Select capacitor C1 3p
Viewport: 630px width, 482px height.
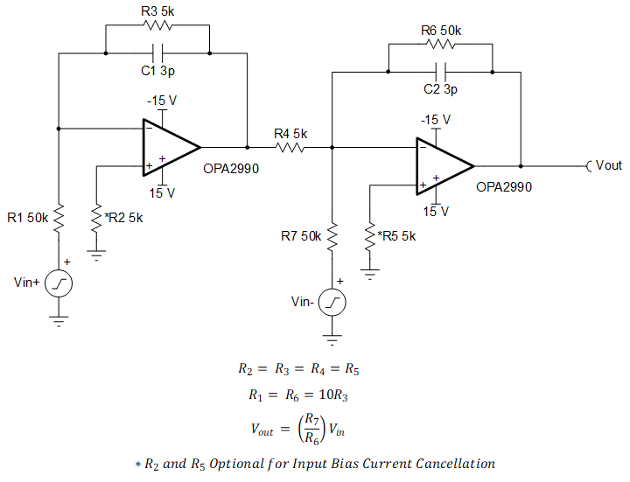point(157,52)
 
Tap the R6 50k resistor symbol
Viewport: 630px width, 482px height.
point(440,44)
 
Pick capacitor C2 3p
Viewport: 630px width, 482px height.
point(440,71)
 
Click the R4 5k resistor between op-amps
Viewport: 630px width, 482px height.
point(290,148)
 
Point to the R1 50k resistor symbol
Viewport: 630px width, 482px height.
point(59,218)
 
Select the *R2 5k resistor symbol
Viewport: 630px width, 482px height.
point(95,218)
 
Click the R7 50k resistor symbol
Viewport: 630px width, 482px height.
point(332,236)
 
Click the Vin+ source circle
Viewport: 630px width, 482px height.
point(59,283)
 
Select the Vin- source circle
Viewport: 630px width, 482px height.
point(332,303)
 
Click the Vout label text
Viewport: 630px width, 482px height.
point(609,165)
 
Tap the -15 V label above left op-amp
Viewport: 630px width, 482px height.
point(162,101)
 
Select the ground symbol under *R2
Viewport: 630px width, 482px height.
point(95,255)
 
